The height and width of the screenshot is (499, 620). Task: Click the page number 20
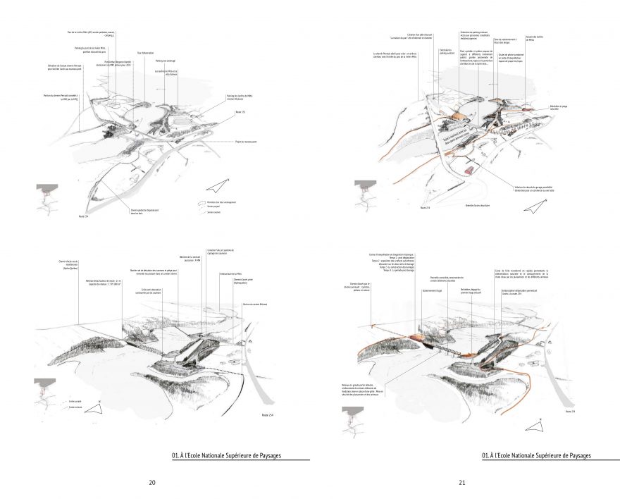[x=152, y=483]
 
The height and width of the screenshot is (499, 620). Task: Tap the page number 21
[x=462, y=483]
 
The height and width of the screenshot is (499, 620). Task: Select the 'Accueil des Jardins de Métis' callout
[x=534, y=39]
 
